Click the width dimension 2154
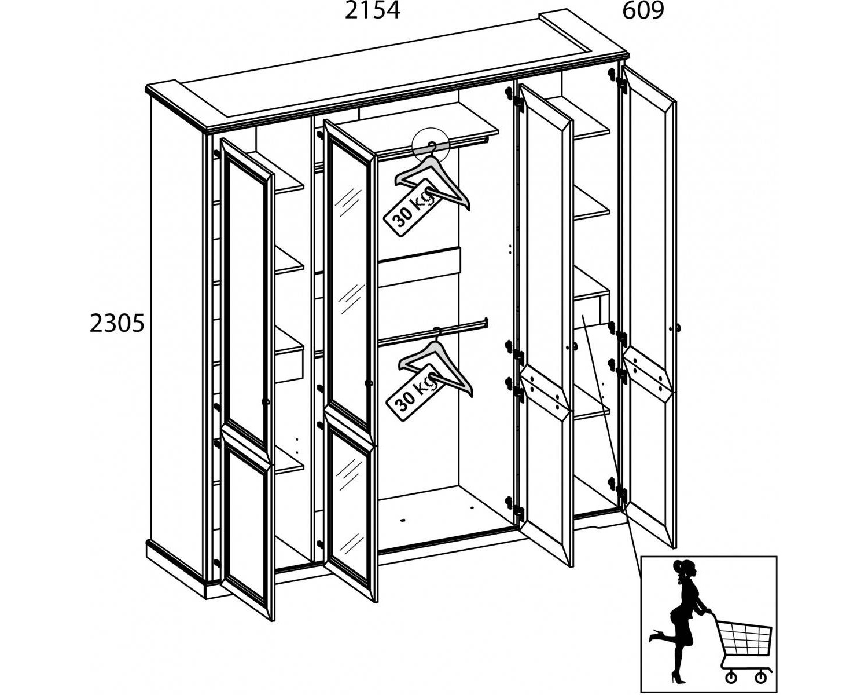pyautogui.click(x=372, y=11)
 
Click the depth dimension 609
pyautogui.click(x=643, y=11)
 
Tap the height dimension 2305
pyautogui.click(x=116, y=324)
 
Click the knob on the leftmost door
pyautogui.click(x=266, y=402)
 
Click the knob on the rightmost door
pyautogui.click(x=678, y=327)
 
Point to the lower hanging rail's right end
pyautogui.click(x=486, y=323)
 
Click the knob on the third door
pyautogui.click(x=575, y=346)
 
